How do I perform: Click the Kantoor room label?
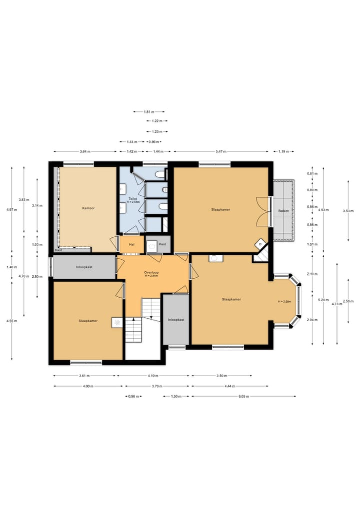coord(88,208)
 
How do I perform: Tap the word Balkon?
coord(283,211)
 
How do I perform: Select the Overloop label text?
coord(151,273)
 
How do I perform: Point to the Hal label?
coord(132,244)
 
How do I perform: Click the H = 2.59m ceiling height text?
coord(284,302)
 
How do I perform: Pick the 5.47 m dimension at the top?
coord(221,151)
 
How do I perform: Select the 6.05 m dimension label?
coord(243,396)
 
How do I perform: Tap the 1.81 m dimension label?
coord(148,112)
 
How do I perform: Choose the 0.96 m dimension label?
coord(132,396)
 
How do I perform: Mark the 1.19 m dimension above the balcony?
coord(283,151)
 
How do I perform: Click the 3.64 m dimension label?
coord(84,151)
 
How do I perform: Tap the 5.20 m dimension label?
coord(322,300)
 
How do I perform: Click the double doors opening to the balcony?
coord(263,211)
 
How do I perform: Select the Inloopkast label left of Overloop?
coord(84,267)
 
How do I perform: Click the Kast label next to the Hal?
coord(162,244)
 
